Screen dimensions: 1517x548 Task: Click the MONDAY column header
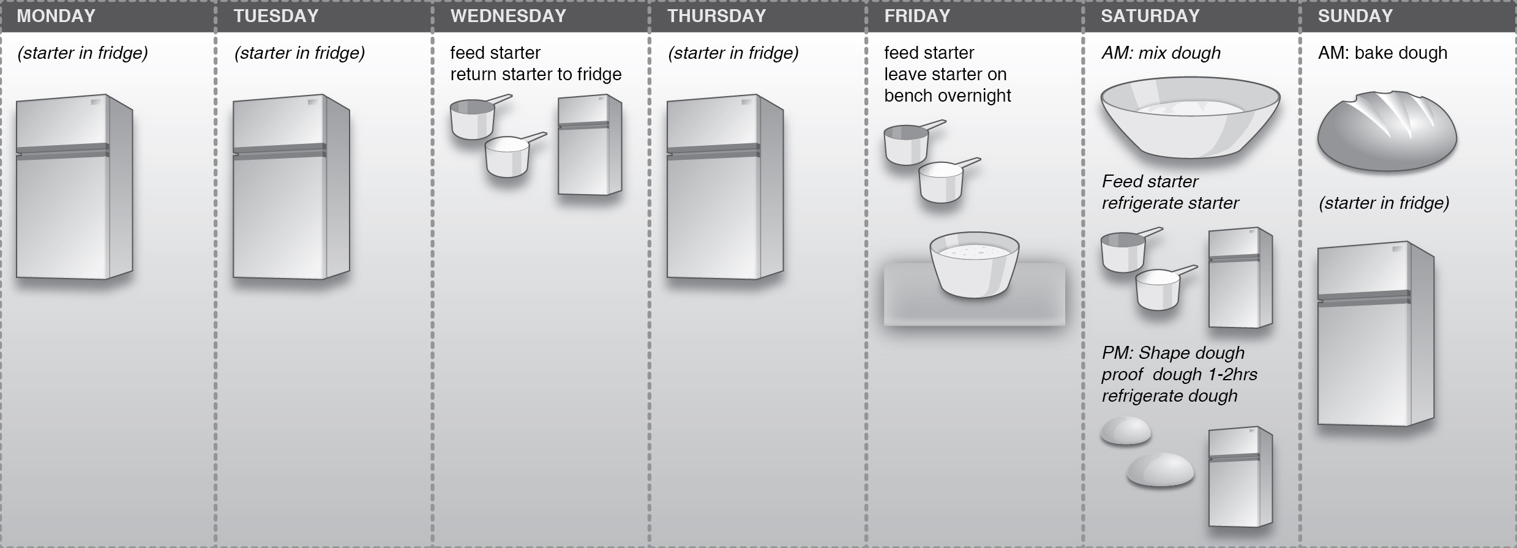[56, 16]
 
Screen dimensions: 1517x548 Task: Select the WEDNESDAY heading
[508, 16]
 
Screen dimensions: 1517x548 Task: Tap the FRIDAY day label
[917, 16]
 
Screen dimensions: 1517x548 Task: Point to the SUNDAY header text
[1355, 16]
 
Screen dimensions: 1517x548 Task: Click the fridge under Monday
[74, 187]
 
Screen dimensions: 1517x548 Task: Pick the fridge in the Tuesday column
[291, 187]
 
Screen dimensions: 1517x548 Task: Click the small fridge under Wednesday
[590, 145]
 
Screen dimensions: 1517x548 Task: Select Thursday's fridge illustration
[725, 187]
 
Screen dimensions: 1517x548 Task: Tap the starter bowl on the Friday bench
[974, 265]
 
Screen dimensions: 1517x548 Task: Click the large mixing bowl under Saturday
[1190, 117]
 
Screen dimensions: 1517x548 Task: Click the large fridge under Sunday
[1376, 334]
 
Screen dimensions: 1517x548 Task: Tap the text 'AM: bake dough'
[1382, 53]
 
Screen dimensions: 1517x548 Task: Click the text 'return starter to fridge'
[536, 75]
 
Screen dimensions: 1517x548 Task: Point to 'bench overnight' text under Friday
[948, 96]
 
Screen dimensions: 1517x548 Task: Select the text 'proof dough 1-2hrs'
[1179, 374]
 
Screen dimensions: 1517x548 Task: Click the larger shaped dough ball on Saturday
[1161, 470]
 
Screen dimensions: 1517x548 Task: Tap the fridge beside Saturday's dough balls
[1240, 477]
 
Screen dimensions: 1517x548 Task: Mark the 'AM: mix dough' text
[1161, 53]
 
